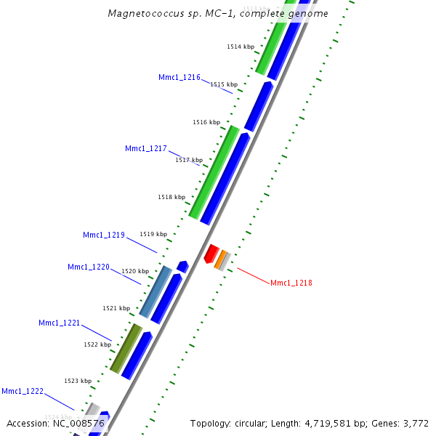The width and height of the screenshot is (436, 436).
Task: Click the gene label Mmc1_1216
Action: coord(179,77)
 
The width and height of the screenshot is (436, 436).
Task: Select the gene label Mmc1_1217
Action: coord(145,148)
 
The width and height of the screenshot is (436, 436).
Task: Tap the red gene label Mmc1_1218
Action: coord(291,283)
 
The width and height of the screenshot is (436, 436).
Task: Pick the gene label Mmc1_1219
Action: coord(103,235)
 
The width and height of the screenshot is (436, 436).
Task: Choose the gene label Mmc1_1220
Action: coord(88,267)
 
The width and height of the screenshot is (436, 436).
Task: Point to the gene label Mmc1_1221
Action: coord(59,323)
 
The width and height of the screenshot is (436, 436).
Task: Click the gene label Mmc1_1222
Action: coord(22,391)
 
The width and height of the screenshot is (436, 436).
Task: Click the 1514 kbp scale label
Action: coord(241,47)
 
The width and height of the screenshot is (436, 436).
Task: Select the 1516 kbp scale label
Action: coord(206,122)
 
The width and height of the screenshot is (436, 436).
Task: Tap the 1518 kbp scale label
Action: coord(171,197)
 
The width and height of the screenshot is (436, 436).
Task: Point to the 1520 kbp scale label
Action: coord(135,271)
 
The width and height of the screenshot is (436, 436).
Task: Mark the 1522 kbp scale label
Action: coord(97,344)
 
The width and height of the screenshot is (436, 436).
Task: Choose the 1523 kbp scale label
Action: coord(78,381)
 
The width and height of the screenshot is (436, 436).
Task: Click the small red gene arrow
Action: coord(211,254)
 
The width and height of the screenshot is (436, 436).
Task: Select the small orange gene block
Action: coord(221,259)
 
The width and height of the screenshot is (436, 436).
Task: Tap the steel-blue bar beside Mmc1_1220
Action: coord(156,292)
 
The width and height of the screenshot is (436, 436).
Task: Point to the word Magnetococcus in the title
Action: coord(142,14)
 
